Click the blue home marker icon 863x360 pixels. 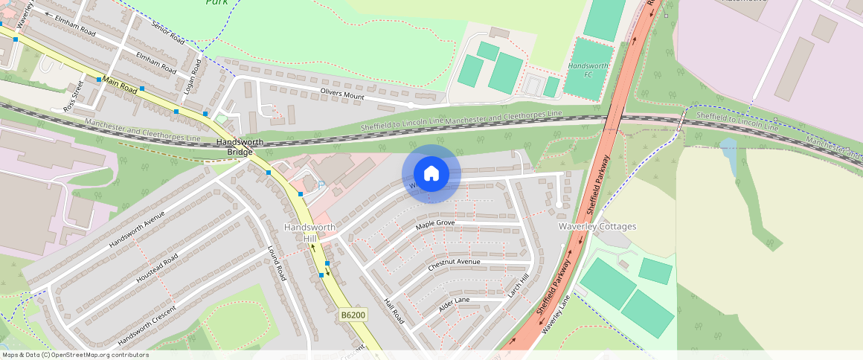[x=431, y=173]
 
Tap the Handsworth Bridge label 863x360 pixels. [x=235, y=147]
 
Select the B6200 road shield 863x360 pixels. [x=353, y=315]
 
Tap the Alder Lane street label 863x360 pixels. [x=455, y=303]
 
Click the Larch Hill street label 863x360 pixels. [x=518, y=287]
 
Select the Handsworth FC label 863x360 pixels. [x=588, y=71]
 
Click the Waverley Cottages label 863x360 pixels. [x=597, y=226]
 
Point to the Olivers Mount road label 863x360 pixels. [x=342, y=94]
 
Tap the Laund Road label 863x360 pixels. [x=277, y=263]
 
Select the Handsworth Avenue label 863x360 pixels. [x=136, y=229]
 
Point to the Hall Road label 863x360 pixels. [x=393, y=311]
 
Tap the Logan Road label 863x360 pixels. [x=193, y=77]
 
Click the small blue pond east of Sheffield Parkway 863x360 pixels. [x=728, y=152]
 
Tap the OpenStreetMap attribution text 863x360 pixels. [x=74, y=355]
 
